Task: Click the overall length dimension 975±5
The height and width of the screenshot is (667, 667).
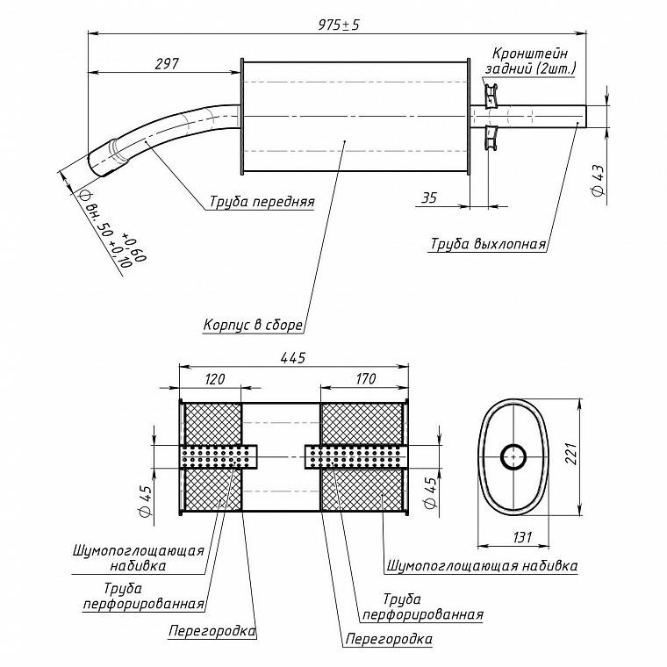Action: click(339, 25)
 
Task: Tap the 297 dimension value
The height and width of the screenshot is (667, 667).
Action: click(167, 64)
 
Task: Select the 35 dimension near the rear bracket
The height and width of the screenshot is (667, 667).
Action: click(429, 197)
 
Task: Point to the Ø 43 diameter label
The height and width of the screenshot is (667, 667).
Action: click(598, 181)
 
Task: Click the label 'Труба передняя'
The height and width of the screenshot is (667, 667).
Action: click(262, 201)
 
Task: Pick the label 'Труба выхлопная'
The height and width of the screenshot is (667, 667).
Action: click(488, 244)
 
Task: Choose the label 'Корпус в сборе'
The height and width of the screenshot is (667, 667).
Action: click(253, 325)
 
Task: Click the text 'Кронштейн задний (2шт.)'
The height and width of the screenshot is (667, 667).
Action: click(530, 61)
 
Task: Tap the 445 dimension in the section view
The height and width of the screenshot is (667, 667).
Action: click(293, 358)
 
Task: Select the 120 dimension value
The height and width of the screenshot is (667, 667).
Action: click(214, 379)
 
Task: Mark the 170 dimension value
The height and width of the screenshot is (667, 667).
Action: click(365, 378)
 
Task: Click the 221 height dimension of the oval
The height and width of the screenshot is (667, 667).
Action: click(570, 454)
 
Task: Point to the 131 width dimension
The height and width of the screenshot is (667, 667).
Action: click(521, 538)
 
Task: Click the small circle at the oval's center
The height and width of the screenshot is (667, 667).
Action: click(513, 457)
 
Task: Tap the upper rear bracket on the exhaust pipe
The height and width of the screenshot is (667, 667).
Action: click(491, 96)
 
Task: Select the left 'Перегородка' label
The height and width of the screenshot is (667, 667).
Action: click(212, 630)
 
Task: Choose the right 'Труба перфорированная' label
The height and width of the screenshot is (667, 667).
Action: click(422, 606)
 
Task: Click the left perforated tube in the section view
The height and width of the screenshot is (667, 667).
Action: click(219, 457)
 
